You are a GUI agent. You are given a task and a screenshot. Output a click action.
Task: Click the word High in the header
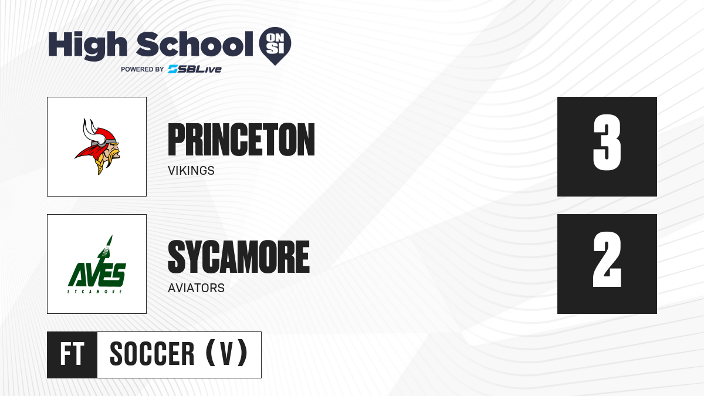(88, 45)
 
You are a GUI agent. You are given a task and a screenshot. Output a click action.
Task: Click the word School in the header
(195, 43)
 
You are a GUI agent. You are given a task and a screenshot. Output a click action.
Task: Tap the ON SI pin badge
(275, 46)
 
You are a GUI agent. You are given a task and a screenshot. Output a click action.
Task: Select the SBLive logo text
(195, 69)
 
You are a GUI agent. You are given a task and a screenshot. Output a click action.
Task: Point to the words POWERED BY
(143, 69)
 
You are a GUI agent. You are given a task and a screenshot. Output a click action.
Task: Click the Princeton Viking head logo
(97, 147)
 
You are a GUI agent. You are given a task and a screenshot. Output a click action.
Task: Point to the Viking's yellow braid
(99, 163)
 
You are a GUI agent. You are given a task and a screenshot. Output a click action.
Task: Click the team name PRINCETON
(241, 140)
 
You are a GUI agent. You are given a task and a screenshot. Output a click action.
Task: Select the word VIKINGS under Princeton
(191, 171)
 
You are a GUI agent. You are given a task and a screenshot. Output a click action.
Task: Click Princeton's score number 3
(607, 143)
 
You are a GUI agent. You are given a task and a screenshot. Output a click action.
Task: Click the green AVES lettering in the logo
(97, 275)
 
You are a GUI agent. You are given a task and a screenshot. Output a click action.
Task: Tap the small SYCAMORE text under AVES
(94, 292)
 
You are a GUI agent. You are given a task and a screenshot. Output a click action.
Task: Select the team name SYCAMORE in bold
(239, 257)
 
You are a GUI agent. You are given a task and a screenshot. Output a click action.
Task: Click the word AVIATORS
(196, 288)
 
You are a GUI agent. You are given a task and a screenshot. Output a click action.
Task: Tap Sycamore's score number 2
(607, 259)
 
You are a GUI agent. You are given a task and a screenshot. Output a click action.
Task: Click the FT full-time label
(72, 354)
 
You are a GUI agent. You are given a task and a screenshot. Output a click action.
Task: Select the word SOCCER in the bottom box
(152, 354)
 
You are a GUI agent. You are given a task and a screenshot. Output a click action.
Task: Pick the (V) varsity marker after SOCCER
(226, 353)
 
